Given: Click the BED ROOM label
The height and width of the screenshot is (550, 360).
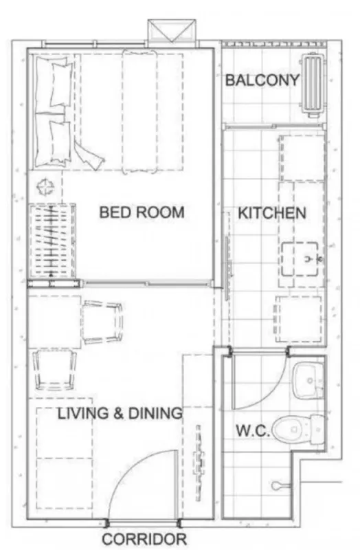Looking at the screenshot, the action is (142, 212).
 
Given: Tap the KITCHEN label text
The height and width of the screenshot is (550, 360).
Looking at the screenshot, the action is (272, 213).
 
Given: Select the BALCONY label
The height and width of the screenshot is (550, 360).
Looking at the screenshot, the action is (262, 80).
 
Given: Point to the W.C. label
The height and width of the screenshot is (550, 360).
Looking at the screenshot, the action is (253, 430).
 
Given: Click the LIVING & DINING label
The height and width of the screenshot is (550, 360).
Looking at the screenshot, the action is (120, 413).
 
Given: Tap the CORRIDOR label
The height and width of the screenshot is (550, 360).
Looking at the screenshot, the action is (144, 539).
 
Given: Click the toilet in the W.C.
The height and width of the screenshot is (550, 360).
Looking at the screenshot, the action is (299, 430).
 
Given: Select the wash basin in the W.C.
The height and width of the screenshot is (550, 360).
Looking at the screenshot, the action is (308, 381).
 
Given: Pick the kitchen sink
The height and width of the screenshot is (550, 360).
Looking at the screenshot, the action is (300, 259).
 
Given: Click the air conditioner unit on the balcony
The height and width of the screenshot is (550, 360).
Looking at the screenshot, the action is (313, 85).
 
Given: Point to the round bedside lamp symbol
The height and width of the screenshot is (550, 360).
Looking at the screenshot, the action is (46, 187).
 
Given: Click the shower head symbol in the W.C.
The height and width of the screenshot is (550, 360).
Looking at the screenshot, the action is (280, 485).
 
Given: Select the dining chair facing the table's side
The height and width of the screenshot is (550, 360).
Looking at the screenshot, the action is (102, 322).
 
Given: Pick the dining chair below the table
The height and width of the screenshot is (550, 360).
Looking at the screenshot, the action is (54, 370).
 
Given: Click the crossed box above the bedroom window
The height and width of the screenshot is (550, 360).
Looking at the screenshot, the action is (172, 30).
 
